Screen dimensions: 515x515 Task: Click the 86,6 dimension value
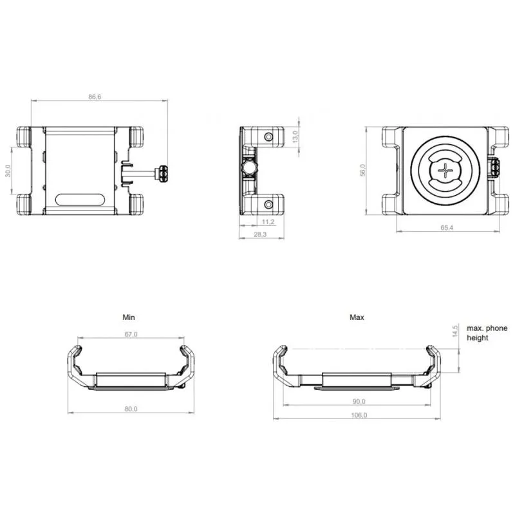[95, 97]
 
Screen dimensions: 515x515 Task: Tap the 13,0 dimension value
[295, 136]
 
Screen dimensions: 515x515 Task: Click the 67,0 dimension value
[131, 333]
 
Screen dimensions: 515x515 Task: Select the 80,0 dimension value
[131, 408]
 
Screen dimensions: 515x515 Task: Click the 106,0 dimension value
[359, 415]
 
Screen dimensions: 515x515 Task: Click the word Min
[129, 317]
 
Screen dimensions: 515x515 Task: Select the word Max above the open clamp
[357, 317]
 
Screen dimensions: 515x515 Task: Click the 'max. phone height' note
[487, 333]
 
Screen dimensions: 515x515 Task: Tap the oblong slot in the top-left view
[80, 198]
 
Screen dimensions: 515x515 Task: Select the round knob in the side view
[248, 169]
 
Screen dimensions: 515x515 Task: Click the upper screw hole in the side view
[270, 136]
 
